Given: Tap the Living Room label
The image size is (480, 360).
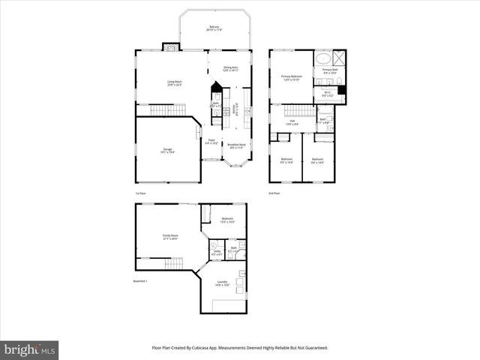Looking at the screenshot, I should pyautogui.click(x=173, y=82).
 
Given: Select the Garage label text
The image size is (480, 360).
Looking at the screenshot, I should pyautogui.click(x=168, y=151).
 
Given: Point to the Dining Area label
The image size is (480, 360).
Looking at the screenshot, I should pyautogui.click(x=230, y=68).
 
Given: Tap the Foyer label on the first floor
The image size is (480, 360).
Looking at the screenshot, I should pyautogui.click(x=212, y=141).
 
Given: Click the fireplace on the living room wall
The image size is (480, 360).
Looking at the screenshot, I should pyautogui.click(x=172, y=46).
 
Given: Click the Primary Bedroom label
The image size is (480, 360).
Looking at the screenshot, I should pyautogui.click(x=291, y=77).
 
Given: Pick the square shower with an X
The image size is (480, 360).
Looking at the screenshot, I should pyautogui.click(x=340, y=57).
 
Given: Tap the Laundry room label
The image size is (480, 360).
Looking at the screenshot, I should pyautogui.click(x=222, y=283).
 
